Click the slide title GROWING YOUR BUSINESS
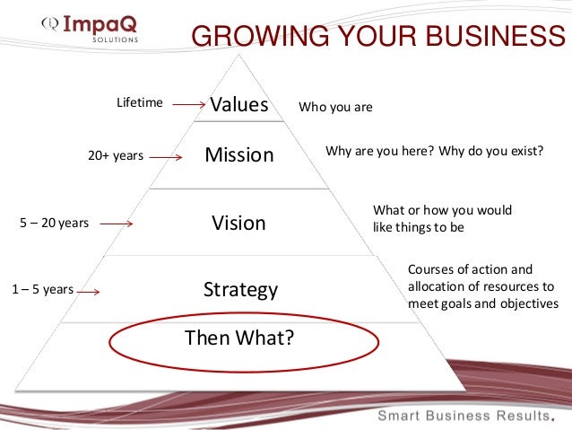tap(380, 35)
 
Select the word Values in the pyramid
tap(239, 105)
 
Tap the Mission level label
tap(239, 155)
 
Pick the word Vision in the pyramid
tap(239, 223)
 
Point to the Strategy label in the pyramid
tap(240, 290)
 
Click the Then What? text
tap(238, 338)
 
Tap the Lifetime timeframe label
tap(140, 103)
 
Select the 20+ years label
tap(116, 155)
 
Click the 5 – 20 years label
tap(54, 224)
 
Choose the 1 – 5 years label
tap(42, 290)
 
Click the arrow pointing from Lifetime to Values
tap(189, 105)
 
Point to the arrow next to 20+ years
tap(168, 156)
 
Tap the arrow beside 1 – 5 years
tap(88, 291)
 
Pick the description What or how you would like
tap(442, 218)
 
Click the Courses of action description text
tap(482, 286)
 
